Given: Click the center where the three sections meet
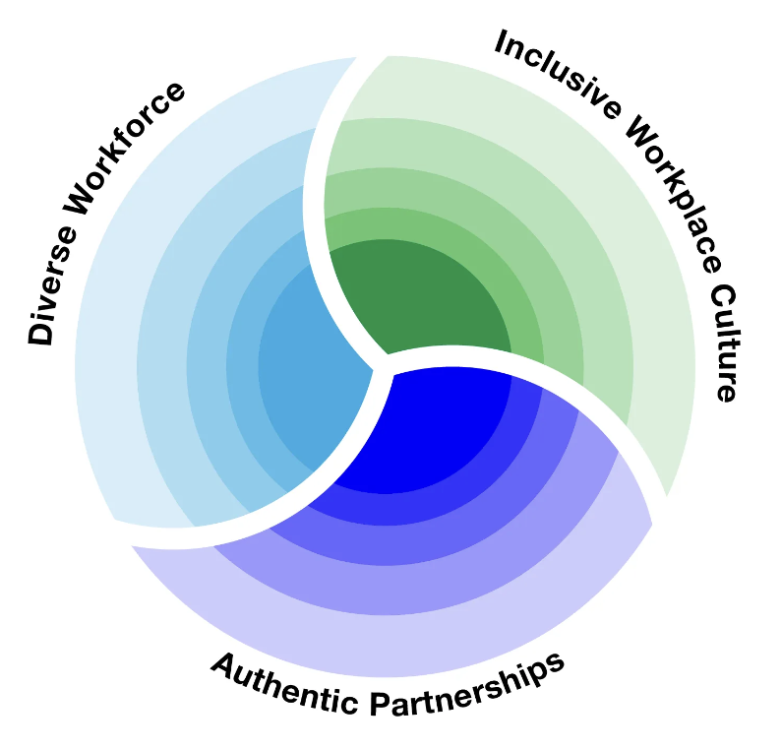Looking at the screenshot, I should [382, 362].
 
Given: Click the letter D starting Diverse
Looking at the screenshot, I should [40, 333].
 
